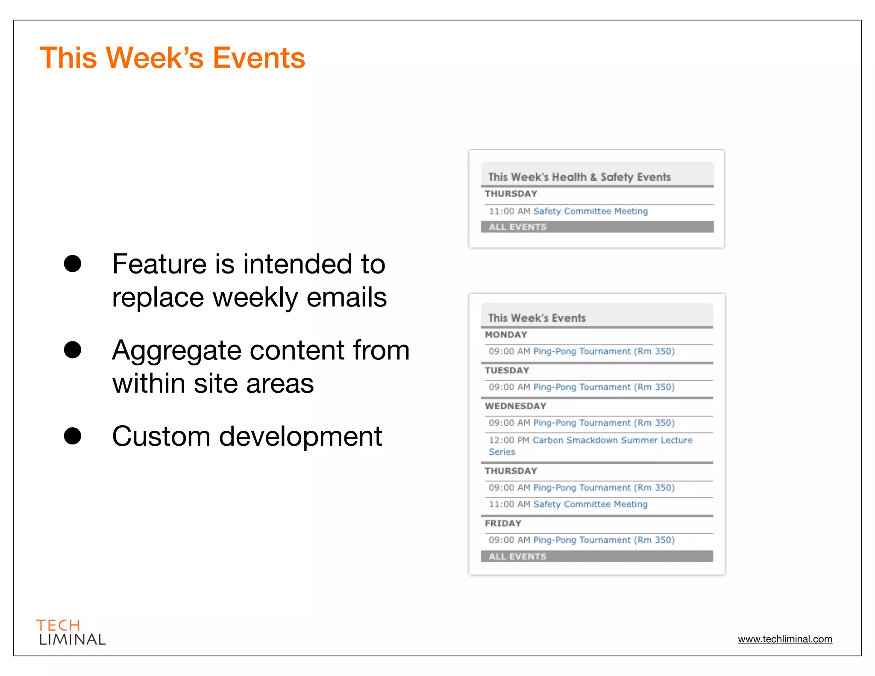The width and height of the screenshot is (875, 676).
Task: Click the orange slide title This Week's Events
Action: click(x=172, y=58)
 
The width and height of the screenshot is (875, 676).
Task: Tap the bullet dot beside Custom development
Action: click(x=73, y=436)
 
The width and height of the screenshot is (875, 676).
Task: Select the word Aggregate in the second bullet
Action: click(x=177, y=350)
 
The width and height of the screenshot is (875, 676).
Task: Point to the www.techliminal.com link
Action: click(x=785, y=639)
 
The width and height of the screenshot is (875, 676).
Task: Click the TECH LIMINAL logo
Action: click(x=70, y=632)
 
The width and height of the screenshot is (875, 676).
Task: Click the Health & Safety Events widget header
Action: click(x=579, y=177)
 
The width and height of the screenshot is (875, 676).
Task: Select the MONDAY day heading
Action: click(x=506, y=335)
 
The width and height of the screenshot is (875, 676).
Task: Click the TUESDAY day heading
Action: click(x=507, y=370)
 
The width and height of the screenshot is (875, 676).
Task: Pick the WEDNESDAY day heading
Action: click(x=515, y=406)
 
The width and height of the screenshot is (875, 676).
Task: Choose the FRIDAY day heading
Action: click(x=503, y=523)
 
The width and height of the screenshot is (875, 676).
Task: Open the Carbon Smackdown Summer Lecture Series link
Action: click(x=612, y=440)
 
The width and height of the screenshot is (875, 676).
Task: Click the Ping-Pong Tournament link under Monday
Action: click(x=604, y=351)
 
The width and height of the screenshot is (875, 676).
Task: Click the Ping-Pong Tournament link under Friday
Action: click(x=604, y=540)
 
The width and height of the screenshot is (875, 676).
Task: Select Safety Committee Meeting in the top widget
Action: click(x=590, y=211)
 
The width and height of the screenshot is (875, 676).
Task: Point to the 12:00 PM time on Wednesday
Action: click(x=509, y=440)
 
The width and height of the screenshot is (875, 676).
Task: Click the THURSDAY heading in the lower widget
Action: click(x=511, y=471)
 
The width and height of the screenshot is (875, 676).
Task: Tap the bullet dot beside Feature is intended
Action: click(x=73, y=264)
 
